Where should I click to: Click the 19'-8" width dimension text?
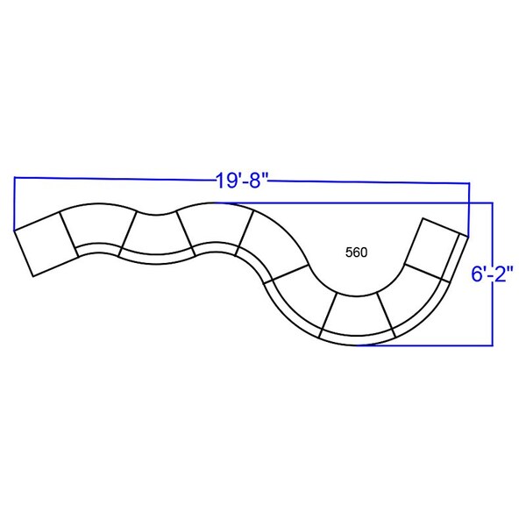pos(243,181)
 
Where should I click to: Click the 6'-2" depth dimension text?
pos(492,274)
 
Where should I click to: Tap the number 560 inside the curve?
pos(356,252)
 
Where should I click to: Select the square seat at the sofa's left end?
pos(46,244)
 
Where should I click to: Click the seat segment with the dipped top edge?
pos(157,238)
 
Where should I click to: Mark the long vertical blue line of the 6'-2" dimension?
pos(493,274)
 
